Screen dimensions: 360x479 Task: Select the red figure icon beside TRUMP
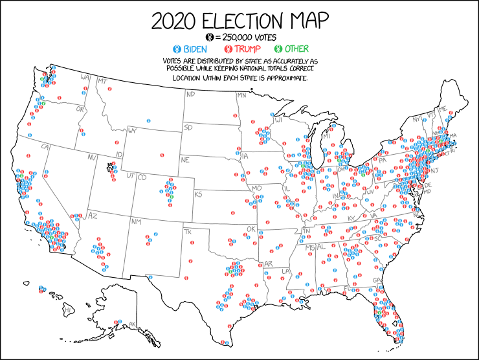(x=228, y=49)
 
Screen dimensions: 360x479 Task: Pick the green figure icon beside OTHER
(x=279, y=49)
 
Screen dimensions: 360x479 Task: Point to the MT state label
(x=102, y=81)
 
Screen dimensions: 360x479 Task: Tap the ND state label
(x=190, y=95)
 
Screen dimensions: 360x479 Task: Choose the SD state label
(x=188, y=128)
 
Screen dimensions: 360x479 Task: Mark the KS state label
(x=199, y=194)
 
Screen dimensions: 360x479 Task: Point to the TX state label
(x=189, y=232)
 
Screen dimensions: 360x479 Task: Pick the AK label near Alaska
(x=133, y=324)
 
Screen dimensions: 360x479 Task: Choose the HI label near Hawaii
(x=67, y=311)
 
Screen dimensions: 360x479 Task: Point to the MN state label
(x=241, y=95)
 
